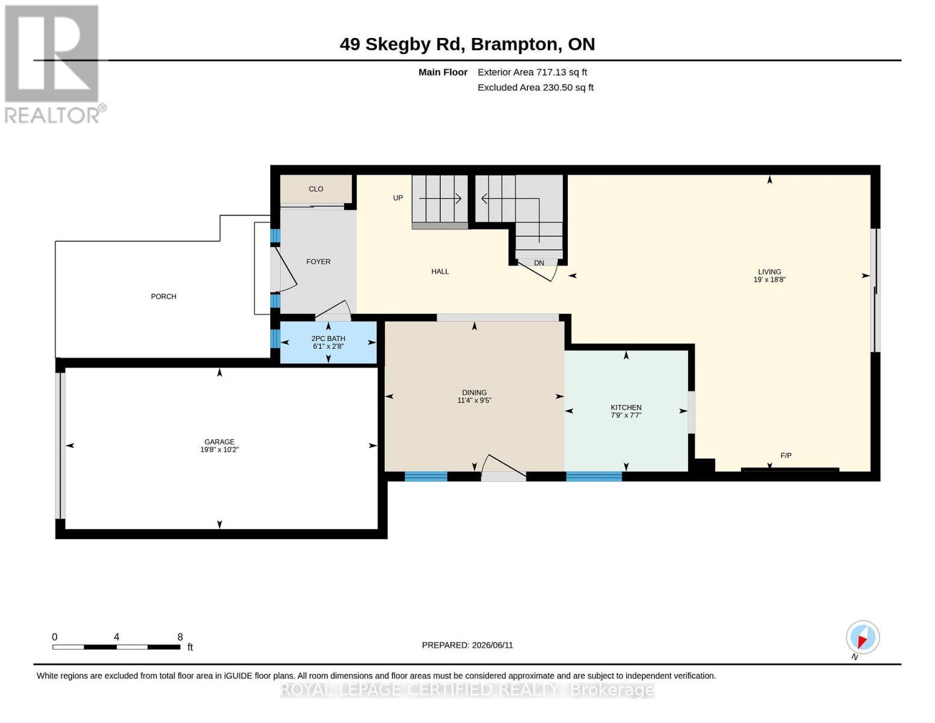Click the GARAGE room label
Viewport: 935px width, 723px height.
[219, 442]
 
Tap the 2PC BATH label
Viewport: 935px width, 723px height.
[328, 339]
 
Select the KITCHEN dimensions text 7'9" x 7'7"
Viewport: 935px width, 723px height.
[626, 415]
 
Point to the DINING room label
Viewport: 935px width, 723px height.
[474, 393]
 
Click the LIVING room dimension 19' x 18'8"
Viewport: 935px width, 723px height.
[769, 280]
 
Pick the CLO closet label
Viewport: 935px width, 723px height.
[316, 189]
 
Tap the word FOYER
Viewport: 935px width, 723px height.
[318, 262]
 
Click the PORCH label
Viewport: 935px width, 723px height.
[164, 296]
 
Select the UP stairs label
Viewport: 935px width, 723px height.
[398, 198]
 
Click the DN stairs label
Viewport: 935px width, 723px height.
[539, 263]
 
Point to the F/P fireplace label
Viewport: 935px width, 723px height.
[786, 455]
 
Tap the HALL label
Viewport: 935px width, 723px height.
[440, 272]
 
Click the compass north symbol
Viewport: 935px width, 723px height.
[863, 637]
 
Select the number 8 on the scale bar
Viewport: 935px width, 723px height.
[180, 637]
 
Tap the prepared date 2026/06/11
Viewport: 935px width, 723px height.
[492, 645]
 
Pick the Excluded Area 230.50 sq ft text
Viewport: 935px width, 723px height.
[535, 87]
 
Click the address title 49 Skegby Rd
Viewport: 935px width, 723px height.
[400, 45]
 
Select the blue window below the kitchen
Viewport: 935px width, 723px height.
[594, 476]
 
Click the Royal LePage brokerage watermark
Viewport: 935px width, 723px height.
[467, 690]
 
